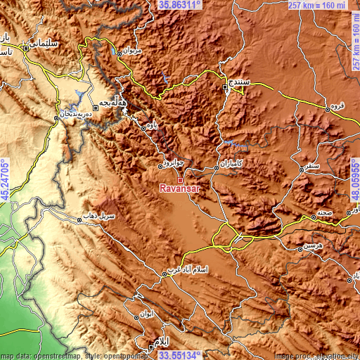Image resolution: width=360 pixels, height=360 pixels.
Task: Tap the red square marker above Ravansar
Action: pos(180,181)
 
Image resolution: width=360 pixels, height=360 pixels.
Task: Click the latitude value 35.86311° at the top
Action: pos(180,5)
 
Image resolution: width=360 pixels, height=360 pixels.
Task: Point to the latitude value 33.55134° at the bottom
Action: pos(180,355)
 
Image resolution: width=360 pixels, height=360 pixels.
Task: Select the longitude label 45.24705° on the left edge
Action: pos(5,180)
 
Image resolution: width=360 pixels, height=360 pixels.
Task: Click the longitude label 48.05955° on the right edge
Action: pos(354,180)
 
